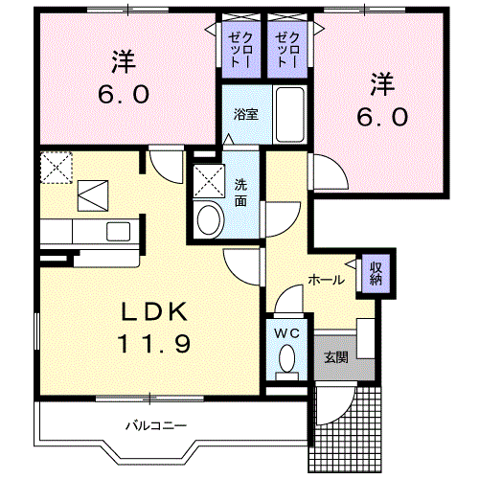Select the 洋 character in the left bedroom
pos(122,61)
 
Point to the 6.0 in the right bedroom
pos(383,115)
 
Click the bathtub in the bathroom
pos(287,113)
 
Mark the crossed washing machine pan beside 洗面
pos(207,179)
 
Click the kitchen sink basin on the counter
pos(120,231)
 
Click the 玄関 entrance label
pos(335,358)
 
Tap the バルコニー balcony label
pos(153,423)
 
